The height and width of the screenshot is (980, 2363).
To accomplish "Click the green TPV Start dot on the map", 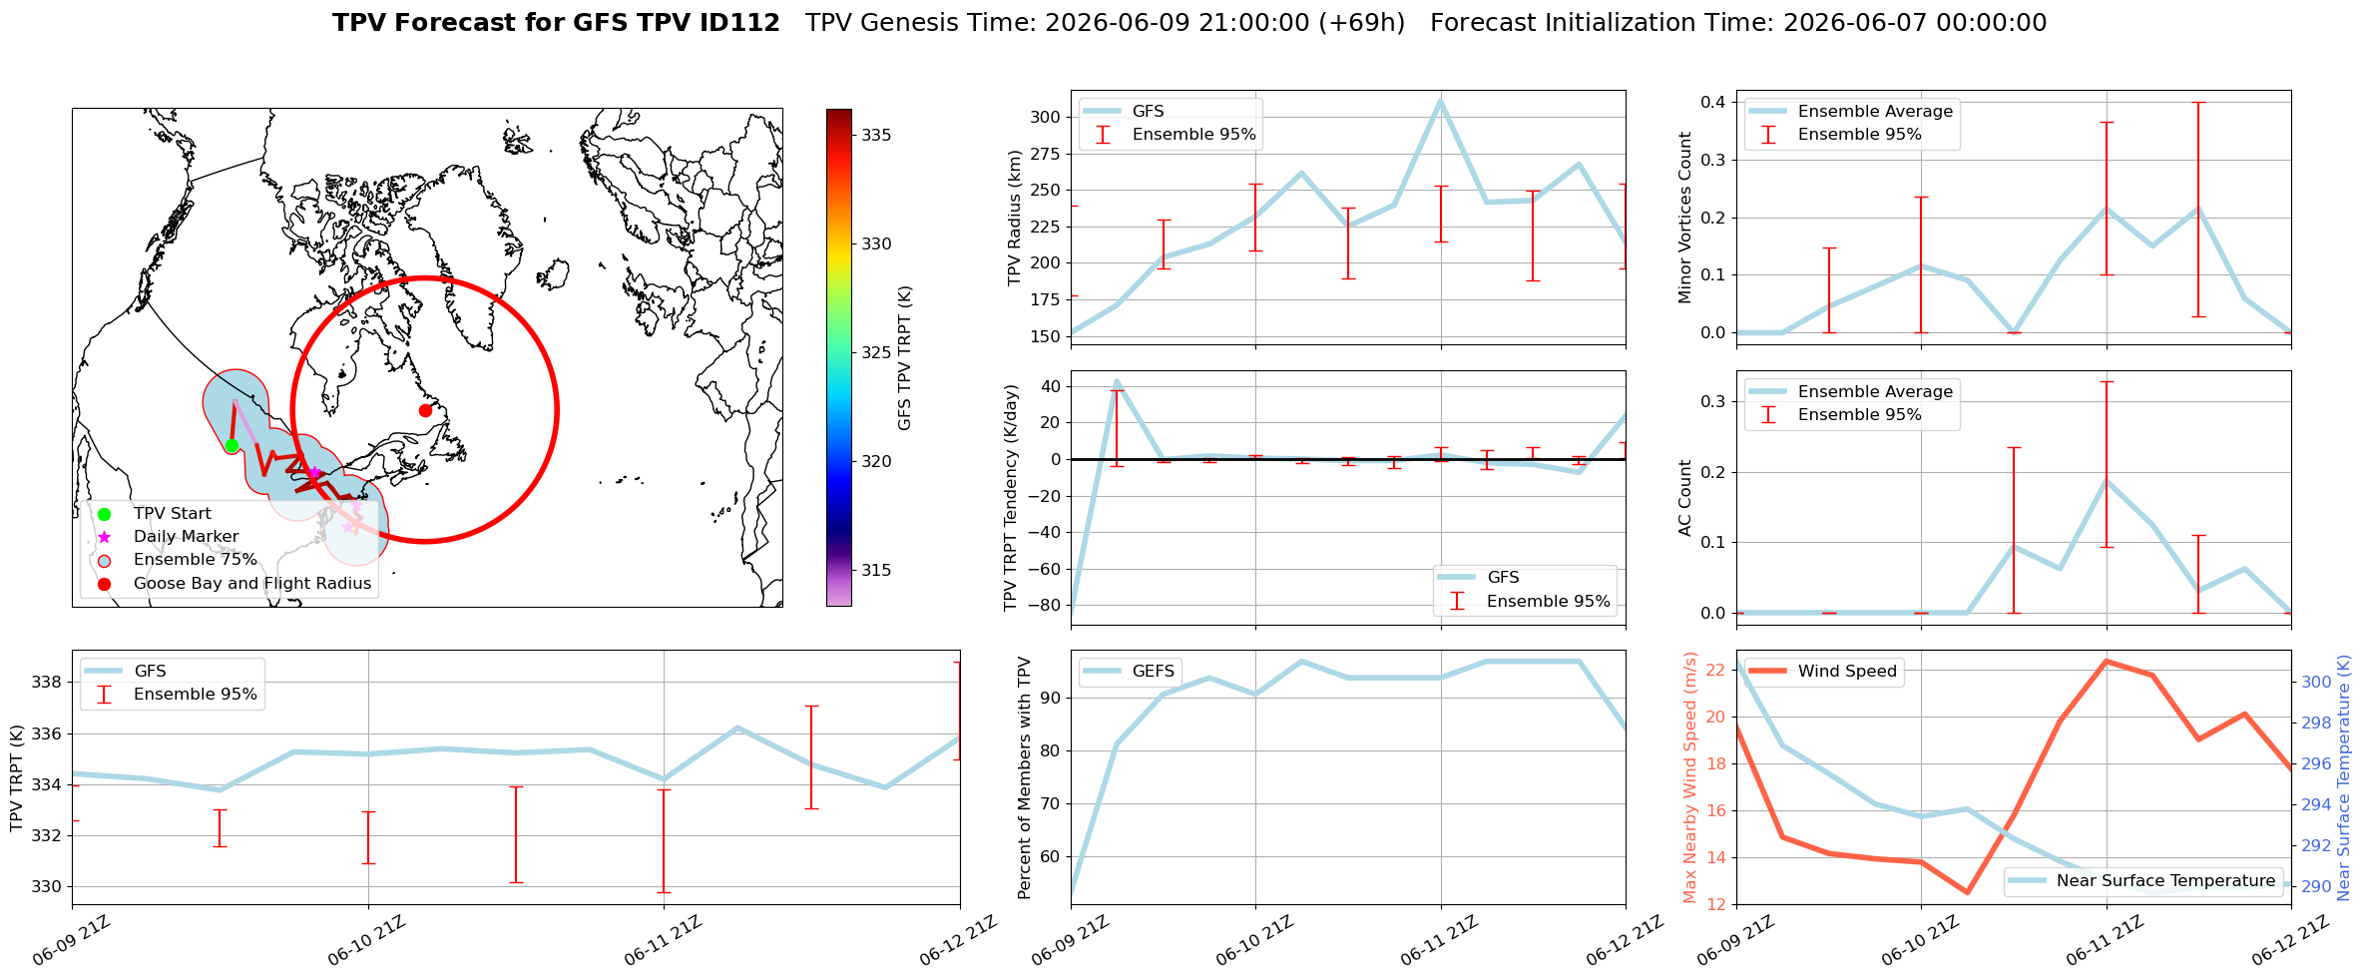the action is coord(232,445).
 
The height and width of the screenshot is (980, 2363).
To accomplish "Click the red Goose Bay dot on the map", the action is coord(425,410).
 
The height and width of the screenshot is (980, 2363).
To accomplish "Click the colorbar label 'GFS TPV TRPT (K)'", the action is coord(905,358).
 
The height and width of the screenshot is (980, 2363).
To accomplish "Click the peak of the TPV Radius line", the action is coord(1440,100).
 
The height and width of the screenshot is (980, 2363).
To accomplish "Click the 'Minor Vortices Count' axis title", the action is coord(1685,218).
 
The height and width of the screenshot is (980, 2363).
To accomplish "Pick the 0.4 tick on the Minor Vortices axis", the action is coord(1713,102).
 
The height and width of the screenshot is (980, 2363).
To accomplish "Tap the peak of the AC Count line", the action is coord(2106,480).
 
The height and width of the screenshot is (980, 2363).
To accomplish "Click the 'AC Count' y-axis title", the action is coord(1685,498).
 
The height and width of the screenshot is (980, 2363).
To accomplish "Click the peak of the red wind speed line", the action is coord(2106,661).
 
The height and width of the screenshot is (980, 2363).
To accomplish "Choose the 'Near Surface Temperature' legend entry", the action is coord(2142,881).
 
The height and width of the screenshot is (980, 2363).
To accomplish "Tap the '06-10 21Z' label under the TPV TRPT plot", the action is coord(366,940).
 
